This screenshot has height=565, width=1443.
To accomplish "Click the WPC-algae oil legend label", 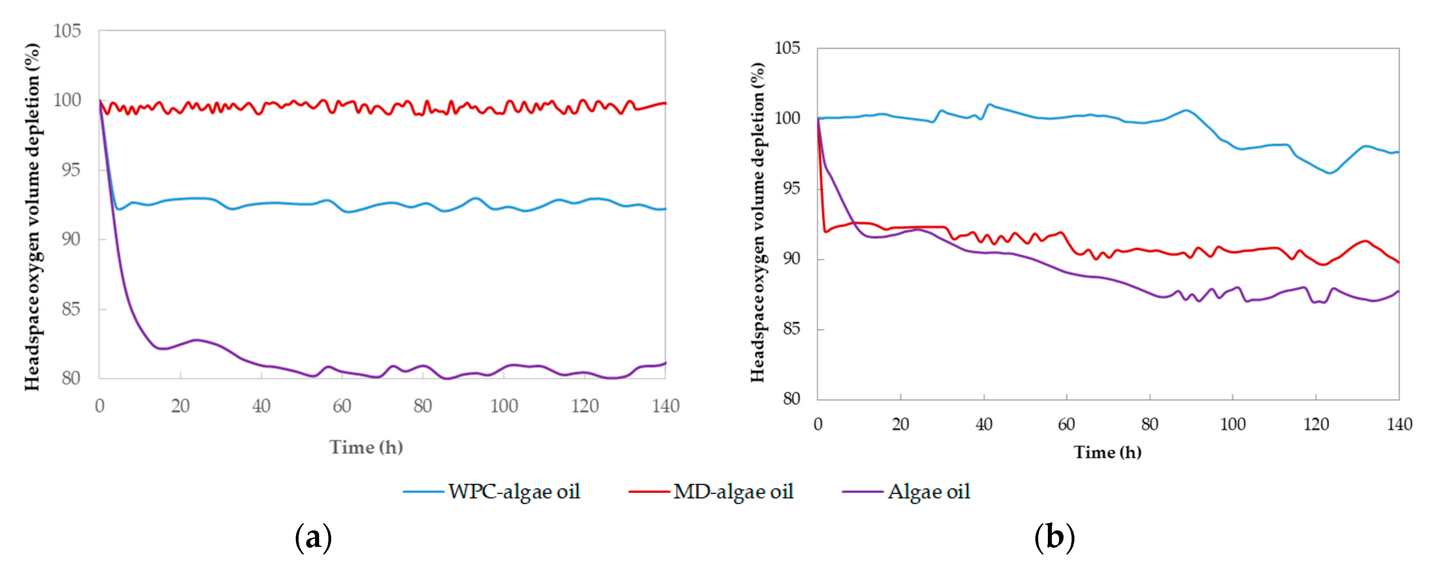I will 514,492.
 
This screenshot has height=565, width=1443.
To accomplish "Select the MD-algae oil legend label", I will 733,492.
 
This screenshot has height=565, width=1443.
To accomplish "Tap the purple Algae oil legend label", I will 928,492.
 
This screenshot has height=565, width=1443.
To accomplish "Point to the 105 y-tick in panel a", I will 67,31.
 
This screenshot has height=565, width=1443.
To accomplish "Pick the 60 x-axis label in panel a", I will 342,406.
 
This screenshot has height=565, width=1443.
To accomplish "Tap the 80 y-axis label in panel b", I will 792,399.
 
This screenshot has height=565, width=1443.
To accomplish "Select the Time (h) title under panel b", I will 1107,452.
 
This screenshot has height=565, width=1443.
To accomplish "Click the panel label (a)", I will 313,538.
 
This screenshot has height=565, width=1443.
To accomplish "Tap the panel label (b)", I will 1054,538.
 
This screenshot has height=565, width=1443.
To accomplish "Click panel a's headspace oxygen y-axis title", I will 33,217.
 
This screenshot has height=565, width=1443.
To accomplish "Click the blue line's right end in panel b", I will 1398,152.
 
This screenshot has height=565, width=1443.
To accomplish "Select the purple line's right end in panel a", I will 665,363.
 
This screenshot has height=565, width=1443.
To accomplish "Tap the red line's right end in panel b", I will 1398,262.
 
